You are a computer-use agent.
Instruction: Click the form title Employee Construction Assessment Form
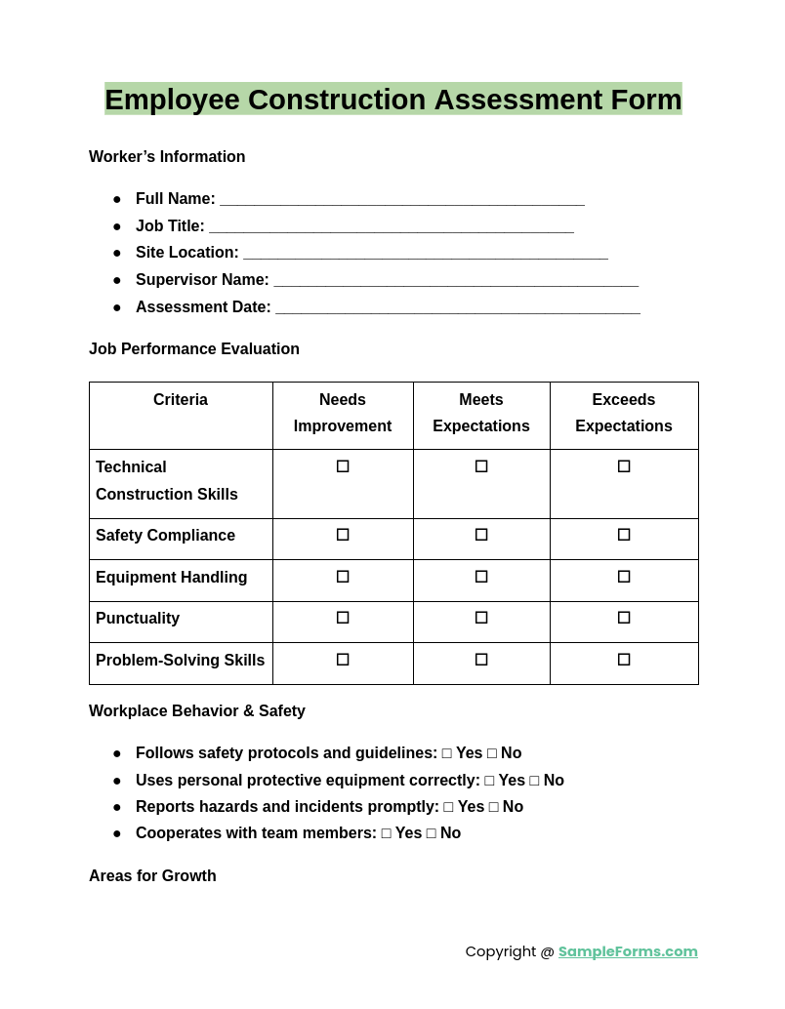pos(392,100)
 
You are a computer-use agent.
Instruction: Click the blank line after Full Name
pos(401,200)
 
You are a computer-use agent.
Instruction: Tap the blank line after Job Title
pos(391,227)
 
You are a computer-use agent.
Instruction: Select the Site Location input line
pos(425,254)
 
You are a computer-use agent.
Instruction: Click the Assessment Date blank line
pos(457,308)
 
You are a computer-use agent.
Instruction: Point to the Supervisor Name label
pos(202,280)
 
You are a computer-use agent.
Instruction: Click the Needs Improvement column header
pos(343,413)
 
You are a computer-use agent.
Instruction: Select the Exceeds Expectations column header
pos(623,413)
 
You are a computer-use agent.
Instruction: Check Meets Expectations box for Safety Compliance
pos(481,535)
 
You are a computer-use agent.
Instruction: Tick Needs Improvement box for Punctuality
pos(343,618)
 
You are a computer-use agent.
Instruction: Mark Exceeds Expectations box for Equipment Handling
pos(624,577)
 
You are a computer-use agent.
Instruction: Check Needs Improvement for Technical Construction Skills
pos(343,466)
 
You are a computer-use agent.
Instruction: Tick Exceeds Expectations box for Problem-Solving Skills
pos(624,660)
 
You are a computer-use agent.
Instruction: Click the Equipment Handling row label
pos(171,578)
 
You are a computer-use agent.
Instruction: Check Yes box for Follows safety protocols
pos(447,753)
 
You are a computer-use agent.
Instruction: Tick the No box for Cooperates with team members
pos(432,833)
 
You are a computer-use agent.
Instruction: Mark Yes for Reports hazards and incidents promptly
pos(449,807)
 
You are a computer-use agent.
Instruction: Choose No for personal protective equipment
pos(534,781)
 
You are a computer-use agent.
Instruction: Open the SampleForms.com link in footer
pos(628,951)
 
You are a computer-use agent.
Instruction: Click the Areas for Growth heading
pos(152,876)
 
